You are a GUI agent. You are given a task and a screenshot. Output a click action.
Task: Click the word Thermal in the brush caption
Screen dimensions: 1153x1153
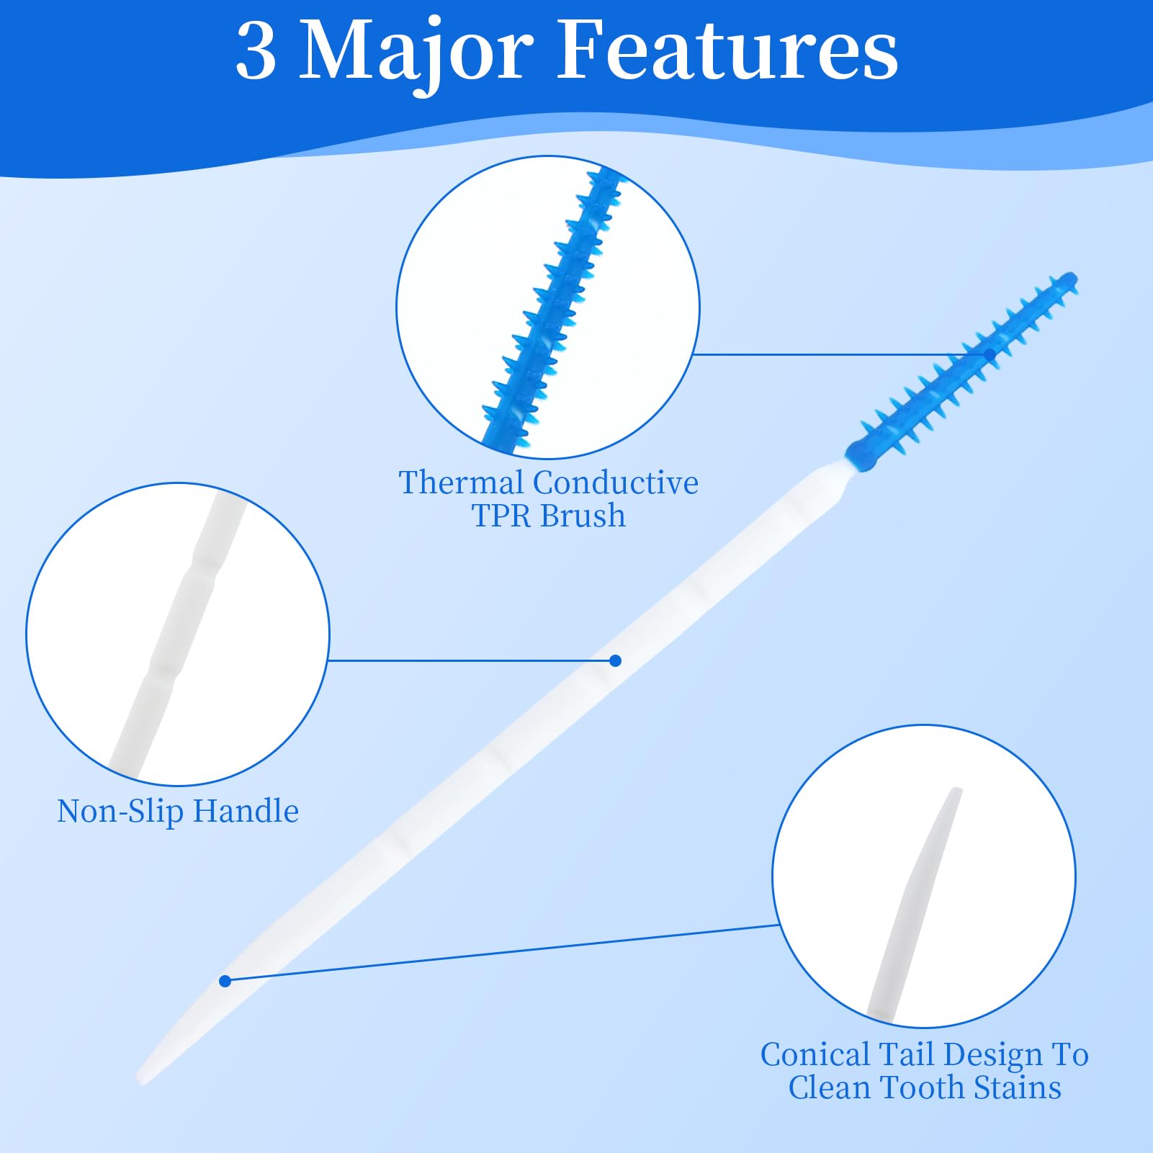[x=461, y=483]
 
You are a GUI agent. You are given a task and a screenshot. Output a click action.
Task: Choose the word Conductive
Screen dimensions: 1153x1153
[x=616, y=483]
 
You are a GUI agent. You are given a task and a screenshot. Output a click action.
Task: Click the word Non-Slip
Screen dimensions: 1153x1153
[x=120, y=812]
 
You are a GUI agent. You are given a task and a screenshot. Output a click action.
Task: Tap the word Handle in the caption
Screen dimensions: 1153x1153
[x=246, y=811]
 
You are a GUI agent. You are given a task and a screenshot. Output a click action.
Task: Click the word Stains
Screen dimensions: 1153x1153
[x=1018, y=1087]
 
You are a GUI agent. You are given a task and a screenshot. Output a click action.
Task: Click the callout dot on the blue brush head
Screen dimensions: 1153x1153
[x=990, y=354]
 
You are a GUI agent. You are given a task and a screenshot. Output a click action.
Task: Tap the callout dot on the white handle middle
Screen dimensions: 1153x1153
[x=615, y=660]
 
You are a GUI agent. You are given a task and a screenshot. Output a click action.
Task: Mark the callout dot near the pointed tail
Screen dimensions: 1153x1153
[x=225, y=981]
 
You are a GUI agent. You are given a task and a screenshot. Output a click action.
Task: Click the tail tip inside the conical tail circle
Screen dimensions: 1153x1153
[x=956, y=791]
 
